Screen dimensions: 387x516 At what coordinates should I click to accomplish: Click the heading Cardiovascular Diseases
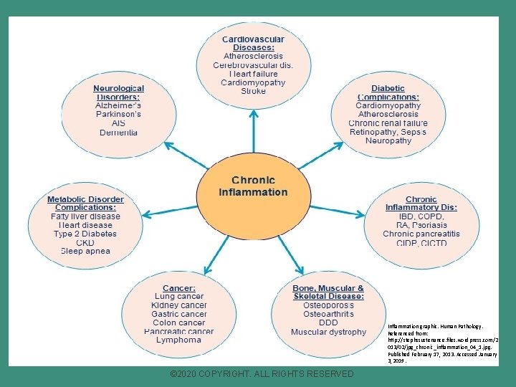click(x=253, y=43)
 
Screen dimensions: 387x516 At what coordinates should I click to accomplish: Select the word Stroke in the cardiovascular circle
click(x=253, y=92)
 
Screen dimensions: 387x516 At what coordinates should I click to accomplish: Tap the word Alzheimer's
click(x=118, y=105)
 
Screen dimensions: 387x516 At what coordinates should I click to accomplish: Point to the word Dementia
click(x=118, y=133)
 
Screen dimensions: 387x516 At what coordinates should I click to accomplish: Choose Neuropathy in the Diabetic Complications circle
click(x=388, y=141)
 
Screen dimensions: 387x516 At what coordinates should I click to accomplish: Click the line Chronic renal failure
click(x=388, y=123)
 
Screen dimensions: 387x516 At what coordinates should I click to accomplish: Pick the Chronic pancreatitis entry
click(x=421, y=234)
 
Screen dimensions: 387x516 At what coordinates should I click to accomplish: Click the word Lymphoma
click(x=178, y=340)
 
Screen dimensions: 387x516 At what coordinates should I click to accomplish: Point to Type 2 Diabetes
click(x=85, y=234)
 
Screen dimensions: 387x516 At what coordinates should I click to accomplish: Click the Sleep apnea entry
click(x=85, y=252)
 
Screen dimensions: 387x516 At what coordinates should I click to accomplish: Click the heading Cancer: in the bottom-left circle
click(x=178, y=288)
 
